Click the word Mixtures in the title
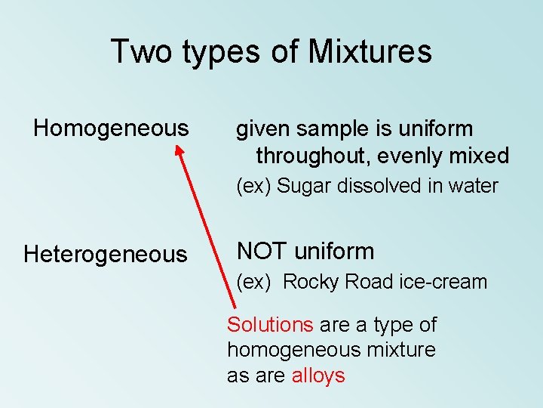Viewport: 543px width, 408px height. click(370, 51)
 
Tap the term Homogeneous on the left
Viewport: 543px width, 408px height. click(111, 128)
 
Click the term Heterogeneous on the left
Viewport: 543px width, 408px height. click(105, 255)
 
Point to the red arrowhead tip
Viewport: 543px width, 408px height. click(179, 147)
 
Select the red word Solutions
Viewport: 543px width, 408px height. click(270, 325)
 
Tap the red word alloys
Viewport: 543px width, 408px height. click(318, 376)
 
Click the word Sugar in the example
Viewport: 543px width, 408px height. click(303, 186)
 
